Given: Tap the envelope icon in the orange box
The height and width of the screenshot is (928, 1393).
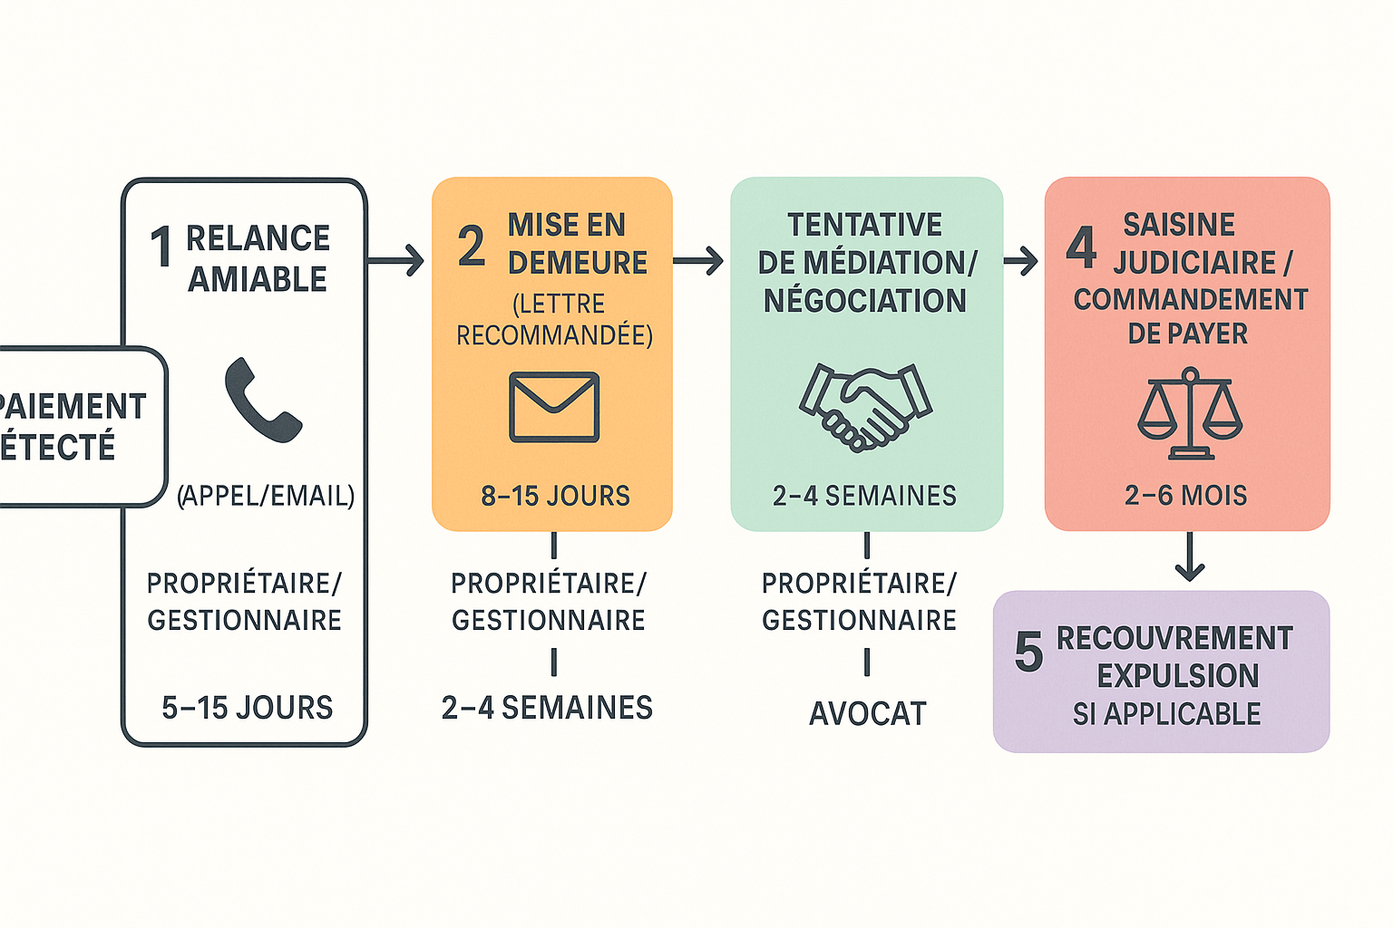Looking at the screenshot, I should [554, 407].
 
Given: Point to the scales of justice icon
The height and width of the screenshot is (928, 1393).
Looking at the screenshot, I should [1189, 413].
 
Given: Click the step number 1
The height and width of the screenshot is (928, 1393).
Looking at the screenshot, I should [161, 247].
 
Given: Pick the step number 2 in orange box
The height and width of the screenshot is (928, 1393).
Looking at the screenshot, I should [471, 246].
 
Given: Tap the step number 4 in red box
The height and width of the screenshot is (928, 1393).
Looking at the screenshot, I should [1082, 246].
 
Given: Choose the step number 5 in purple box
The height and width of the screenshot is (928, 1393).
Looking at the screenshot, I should [1028, 652].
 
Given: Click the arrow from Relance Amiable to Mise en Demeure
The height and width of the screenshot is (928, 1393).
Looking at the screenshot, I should [397, 261].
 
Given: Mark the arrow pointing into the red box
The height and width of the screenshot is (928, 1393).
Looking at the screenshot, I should [1021, 261].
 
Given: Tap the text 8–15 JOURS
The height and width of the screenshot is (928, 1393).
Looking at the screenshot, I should [555, 496].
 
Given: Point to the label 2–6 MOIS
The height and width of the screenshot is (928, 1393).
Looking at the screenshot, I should [1186, 496].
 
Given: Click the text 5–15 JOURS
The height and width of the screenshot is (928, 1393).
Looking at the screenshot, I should [247, 708].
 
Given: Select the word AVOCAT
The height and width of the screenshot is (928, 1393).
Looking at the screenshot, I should [867, 714].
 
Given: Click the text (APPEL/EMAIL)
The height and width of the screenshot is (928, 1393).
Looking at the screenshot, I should [266, 496].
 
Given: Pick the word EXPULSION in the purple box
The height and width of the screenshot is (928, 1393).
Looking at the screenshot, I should [1177, 676].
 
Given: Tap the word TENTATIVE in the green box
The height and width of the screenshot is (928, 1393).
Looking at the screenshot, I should [864, 225].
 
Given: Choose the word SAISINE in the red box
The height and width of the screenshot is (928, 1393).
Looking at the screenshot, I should [1179, 225].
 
